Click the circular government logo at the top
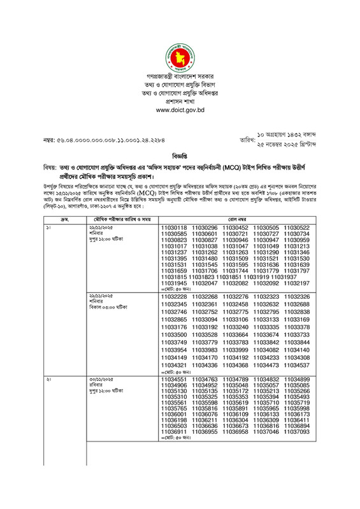click(180, 56)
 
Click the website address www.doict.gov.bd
click(180, 110)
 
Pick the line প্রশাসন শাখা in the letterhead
click(180, 101)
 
